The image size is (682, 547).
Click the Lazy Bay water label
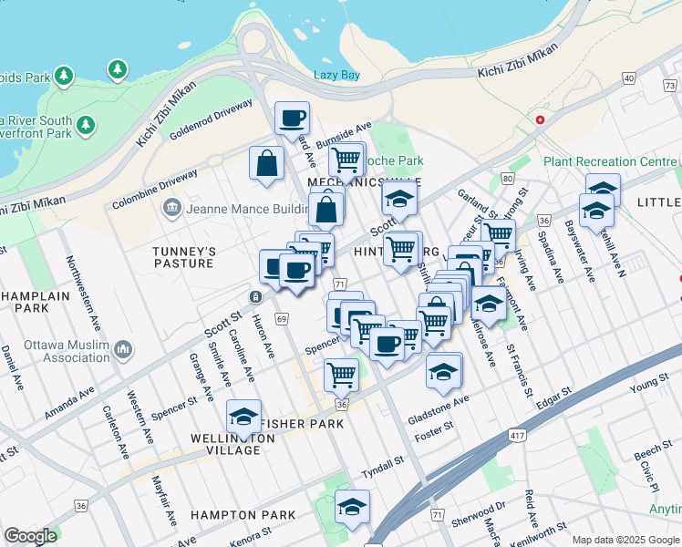(x=336, y=75)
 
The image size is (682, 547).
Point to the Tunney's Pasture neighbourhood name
(x=183, y=257)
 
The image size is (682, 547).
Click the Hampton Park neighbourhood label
(x=243, y=515)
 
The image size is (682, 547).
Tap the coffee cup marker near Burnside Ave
(x=293, y=119)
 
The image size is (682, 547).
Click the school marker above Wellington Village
(x=243, y=417)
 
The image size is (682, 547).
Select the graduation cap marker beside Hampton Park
(x=352, y=507)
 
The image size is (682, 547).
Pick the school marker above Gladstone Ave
(x=444, y=370)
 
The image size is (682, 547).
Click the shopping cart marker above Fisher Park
(x=341, y=374)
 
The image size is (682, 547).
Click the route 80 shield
(x=507, y=178)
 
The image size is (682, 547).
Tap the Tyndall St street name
(x=382, y=463)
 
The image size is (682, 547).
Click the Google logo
(x=30, y=536)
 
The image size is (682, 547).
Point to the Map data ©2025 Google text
(x=625, y=539)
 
